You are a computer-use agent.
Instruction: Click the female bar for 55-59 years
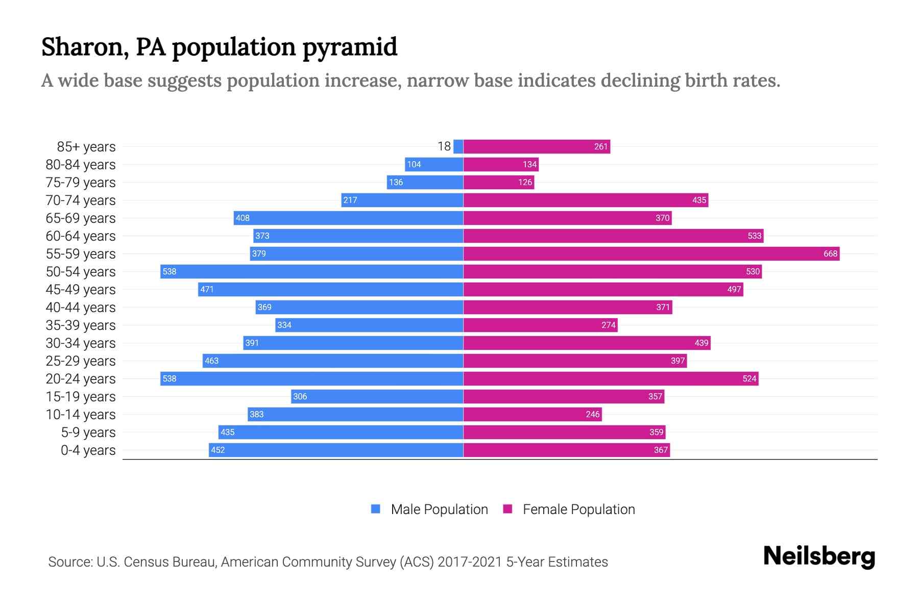(651, 253)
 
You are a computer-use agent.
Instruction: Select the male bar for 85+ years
(458, 146)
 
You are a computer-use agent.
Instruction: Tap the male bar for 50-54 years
(311, 271)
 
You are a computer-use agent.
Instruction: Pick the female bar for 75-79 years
(498, 182)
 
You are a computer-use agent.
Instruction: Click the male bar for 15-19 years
(377, 396)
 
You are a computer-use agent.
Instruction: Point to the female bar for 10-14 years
(532, 414)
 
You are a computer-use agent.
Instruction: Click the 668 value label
(830, 253)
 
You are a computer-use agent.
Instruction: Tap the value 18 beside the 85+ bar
(444, 146)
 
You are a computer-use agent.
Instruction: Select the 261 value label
(600, 146)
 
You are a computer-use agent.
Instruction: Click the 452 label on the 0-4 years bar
(217, 450)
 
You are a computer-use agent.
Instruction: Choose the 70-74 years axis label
(81, 200)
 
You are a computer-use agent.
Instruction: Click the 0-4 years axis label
(88, 450)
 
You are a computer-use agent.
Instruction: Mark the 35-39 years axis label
(81, 325)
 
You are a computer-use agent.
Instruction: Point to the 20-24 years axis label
(81, 379)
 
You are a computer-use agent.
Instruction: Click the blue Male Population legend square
(376, 509)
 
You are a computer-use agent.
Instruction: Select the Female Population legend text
(578, 509)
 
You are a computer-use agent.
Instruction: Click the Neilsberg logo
(819, 556)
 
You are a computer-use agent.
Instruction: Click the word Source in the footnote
(69, 562)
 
